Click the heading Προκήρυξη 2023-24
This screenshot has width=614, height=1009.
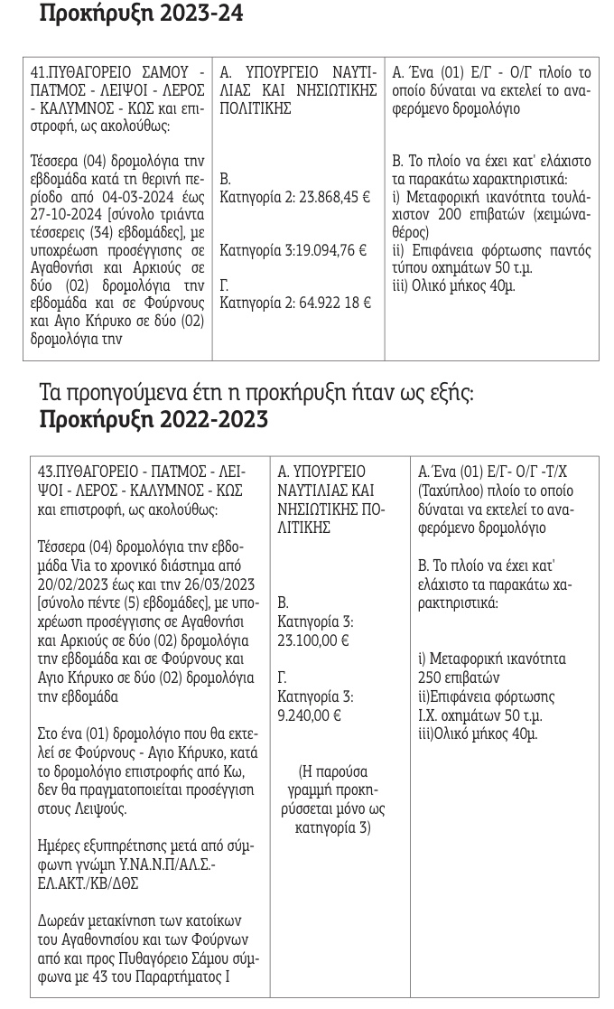click(142, 14)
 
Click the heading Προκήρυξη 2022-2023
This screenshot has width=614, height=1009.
click(153, 419)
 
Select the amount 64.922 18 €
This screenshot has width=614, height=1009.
click(332, 303)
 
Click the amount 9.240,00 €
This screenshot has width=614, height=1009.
click(308, 714)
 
